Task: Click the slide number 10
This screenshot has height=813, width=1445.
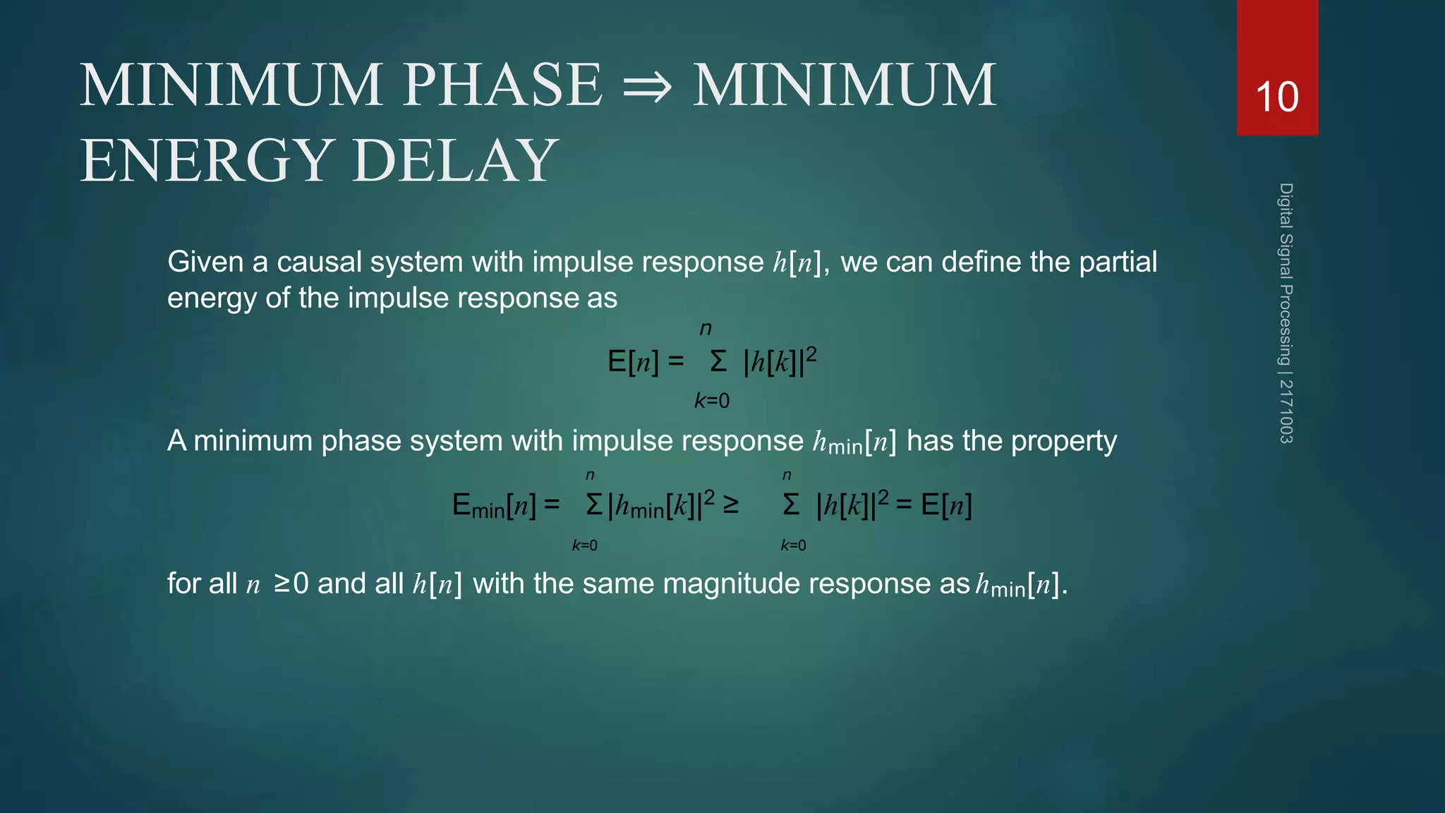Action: click(1277, 97)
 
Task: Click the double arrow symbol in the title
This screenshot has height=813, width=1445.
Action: click(648, 87)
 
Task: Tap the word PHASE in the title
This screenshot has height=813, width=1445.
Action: click(503, 85)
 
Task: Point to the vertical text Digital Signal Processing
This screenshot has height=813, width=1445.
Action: click(1286, 275)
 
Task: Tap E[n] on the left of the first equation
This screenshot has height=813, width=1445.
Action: click(633, 361)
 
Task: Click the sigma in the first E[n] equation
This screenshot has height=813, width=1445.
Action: click(718, 362)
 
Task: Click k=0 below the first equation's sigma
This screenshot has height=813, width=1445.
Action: click(712, 401)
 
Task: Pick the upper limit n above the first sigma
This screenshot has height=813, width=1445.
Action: click(706, 329)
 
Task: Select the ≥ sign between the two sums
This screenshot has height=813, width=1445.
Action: click(731, 505)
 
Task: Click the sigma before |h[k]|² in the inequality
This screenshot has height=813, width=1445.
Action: click(791, 505)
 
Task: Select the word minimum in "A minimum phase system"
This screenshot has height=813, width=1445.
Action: click(253, 441)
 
